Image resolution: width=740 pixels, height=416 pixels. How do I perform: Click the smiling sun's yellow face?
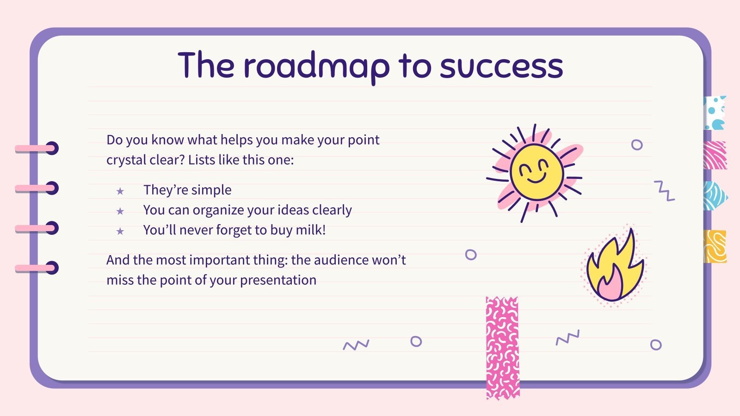click(x=536, y=172)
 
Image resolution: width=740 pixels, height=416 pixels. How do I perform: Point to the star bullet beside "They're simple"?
click(x=120, y=191)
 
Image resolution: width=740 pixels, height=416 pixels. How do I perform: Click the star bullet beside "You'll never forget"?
click(x=120, y=231)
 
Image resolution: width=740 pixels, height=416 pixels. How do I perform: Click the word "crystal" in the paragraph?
click(x=126, y=160)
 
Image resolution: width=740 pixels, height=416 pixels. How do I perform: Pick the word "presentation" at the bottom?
click(x=278, y=281)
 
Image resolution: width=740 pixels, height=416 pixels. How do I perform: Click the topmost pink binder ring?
click(x=37, y=148)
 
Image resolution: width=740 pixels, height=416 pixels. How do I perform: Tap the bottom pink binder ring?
click(x=37, y=268)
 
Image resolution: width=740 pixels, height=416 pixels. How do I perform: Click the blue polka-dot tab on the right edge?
click(x=715, y=113)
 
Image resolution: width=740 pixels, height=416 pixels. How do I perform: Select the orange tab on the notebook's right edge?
click(x=715, y=247)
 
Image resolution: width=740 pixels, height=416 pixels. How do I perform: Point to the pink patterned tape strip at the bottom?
click(x=502, y=348)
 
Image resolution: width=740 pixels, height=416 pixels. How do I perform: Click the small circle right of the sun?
click(x=637, y=145)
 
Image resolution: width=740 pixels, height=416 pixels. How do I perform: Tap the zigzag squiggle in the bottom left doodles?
click(x=356, y=345)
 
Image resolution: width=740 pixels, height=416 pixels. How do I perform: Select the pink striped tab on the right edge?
click(x=715, y=155)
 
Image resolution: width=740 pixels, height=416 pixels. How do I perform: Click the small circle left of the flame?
click(x=471, y=255)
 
